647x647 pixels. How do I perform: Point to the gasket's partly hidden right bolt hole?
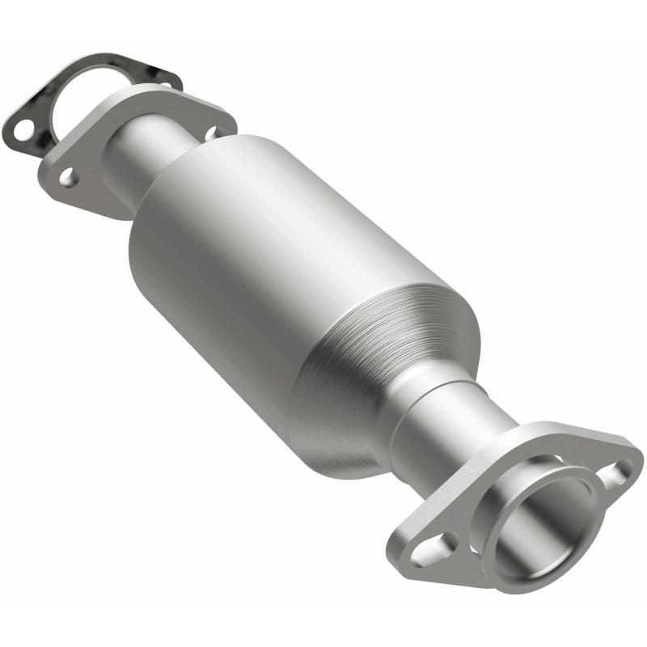pos(164,84)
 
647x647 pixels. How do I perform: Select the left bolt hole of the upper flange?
pos(68,177)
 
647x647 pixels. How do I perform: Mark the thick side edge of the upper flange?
pos(97,202)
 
